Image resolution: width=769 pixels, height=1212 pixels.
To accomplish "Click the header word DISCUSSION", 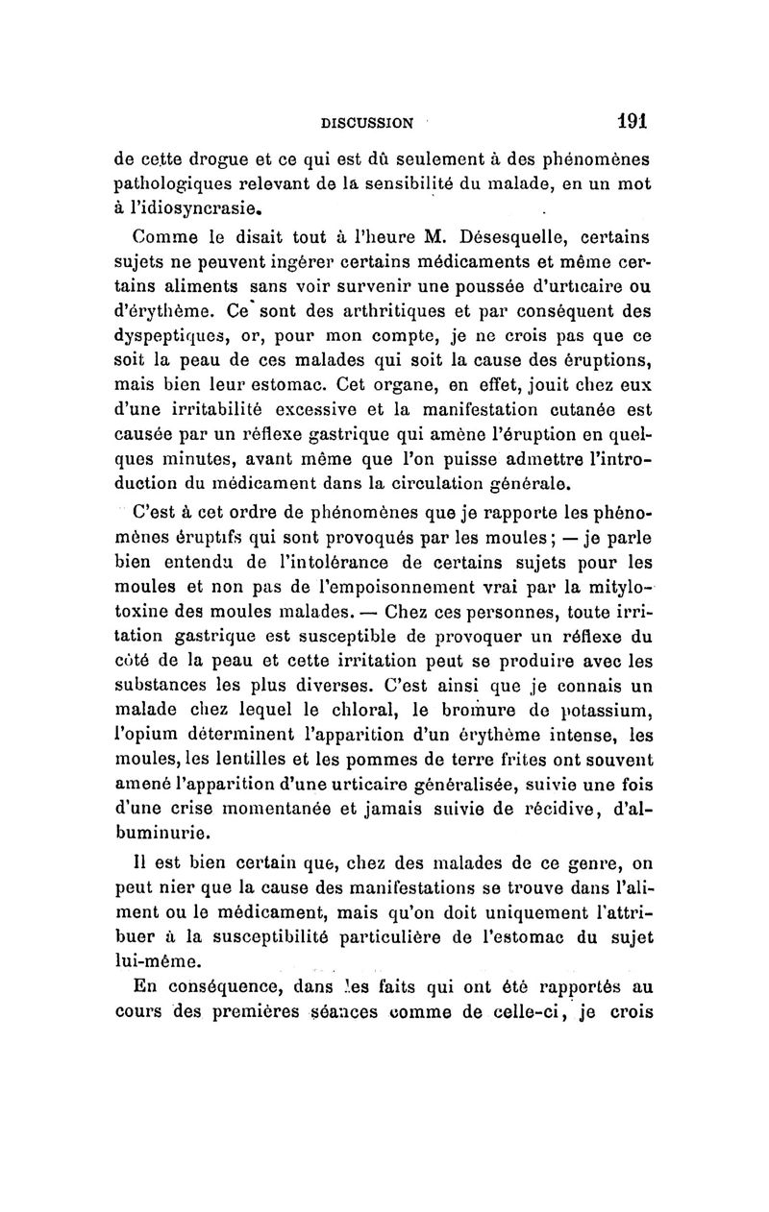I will point(366,123).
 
